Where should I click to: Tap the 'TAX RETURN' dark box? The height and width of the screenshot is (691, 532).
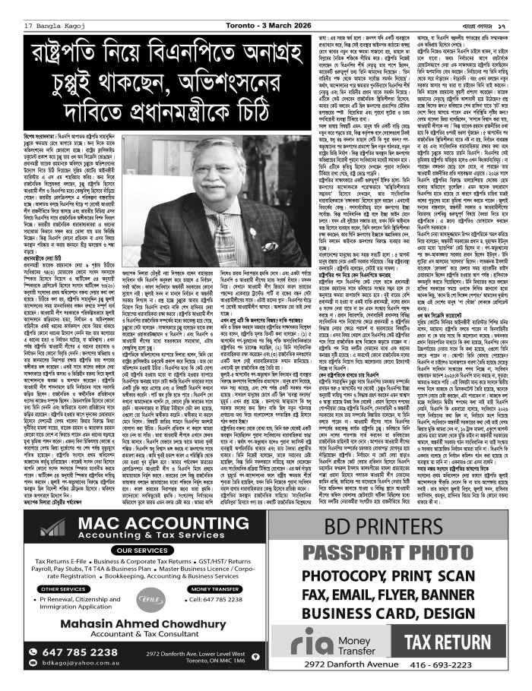point(464,641)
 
